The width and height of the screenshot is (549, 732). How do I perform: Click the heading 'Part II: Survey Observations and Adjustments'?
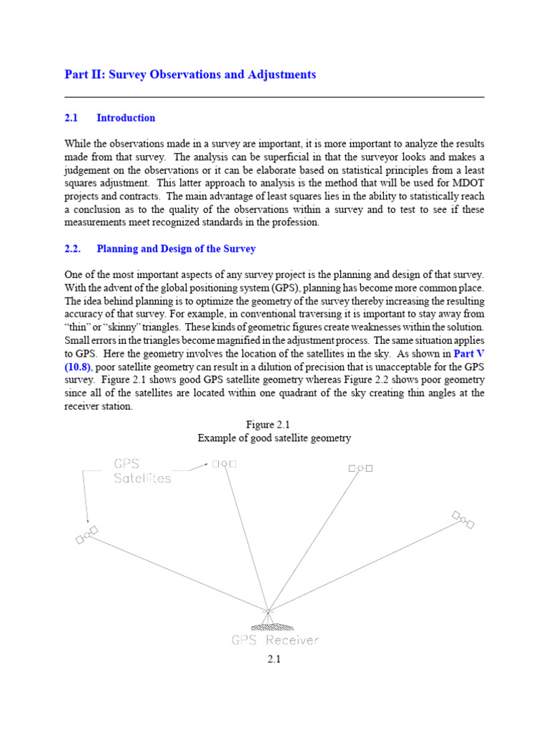click(x=190, y=74)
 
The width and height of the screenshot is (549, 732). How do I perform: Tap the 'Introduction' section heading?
click(x=126, y=118)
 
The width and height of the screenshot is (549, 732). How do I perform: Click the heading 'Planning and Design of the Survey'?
click(x=176, y=249)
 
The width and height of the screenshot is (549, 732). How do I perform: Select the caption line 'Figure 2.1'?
click(x=274, y=425)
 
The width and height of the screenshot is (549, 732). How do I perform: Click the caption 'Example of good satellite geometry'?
click(x=274, y=438)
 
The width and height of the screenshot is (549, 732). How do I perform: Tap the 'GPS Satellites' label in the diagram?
click(x=142, y=471)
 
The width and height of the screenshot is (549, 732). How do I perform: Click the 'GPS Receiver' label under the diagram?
click(x=274, y=640)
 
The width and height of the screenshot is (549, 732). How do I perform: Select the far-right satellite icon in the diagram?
click(x=463, y=519)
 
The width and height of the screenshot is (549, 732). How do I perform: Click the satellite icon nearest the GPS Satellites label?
click(x=224, y=463)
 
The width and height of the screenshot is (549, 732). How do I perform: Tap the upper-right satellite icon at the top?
click(x=360, y=468)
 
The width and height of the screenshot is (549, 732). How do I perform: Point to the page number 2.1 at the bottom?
click(x=274, y=660)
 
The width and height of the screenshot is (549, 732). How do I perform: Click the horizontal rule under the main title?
click(x=274, y=97)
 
